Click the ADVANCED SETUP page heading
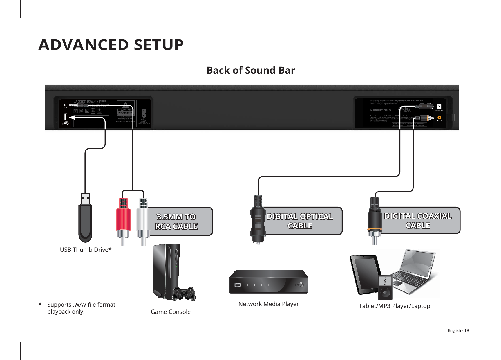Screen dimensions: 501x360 (x=111, y=45)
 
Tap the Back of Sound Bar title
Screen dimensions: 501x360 (x=251, y=70)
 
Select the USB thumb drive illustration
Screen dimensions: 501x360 (x=85, y=219)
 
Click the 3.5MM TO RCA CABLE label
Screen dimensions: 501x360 (x=176, y=222)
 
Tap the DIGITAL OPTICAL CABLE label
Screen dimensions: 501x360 (x=300, y=221)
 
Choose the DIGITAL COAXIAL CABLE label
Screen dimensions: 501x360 (x=418, y=220)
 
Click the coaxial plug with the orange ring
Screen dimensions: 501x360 (x=375, y=221)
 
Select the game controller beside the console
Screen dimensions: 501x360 (x=184, y=294)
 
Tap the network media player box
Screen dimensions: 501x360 (x=269, y=282)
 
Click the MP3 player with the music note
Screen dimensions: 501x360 (x=385, y=287)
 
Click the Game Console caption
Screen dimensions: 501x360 (x=171, y=312)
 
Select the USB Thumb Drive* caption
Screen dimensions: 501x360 (x=86, y=250)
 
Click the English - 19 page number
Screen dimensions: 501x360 (x=458, y=330)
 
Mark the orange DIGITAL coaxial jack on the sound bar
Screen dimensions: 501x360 (x=439, y=118)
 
